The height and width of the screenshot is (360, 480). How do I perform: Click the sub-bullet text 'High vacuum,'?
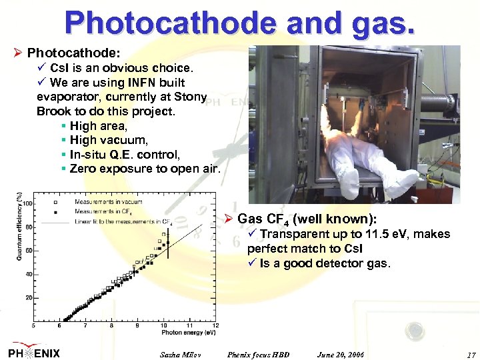coord(109,140)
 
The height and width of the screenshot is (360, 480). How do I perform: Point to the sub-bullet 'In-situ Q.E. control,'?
coord(125,154)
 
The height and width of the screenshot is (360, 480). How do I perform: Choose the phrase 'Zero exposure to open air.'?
coord(145,169)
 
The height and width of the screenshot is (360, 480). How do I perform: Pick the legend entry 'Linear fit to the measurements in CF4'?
coord(123,221)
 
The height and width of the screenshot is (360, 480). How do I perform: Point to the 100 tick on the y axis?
coord(28,203)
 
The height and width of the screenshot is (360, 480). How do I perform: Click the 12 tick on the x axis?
coord(217,326)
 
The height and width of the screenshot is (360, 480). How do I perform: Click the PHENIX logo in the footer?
coord(35,352)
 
